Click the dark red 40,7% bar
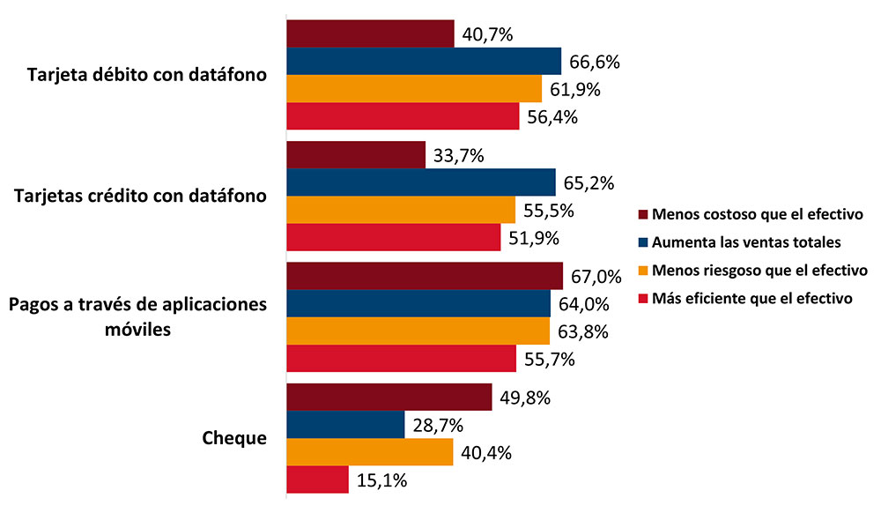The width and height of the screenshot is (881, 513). point(370,33)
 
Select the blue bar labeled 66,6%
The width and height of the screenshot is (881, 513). point(424,61)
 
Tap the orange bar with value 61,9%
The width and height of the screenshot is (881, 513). point(414,88)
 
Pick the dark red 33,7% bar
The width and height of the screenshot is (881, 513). point(356,156)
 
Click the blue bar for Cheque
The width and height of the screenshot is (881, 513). point(345,425)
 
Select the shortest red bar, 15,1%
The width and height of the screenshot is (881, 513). point(317,480)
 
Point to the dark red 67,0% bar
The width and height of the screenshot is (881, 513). point(425,276)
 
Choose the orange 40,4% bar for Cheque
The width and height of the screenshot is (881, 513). point(370,453)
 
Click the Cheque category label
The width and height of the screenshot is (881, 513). point(234,438)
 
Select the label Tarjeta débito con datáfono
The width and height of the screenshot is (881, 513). point(147,74)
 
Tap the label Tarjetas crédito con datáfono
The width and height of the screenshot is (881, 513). point(142,196)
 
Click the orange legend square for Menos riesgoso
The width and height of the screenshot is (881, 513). point(643,270)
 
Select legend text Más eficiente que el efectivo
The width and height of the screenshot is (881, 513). point(751,298)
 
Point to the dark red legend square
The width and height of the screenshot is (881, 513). point(643,214)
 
